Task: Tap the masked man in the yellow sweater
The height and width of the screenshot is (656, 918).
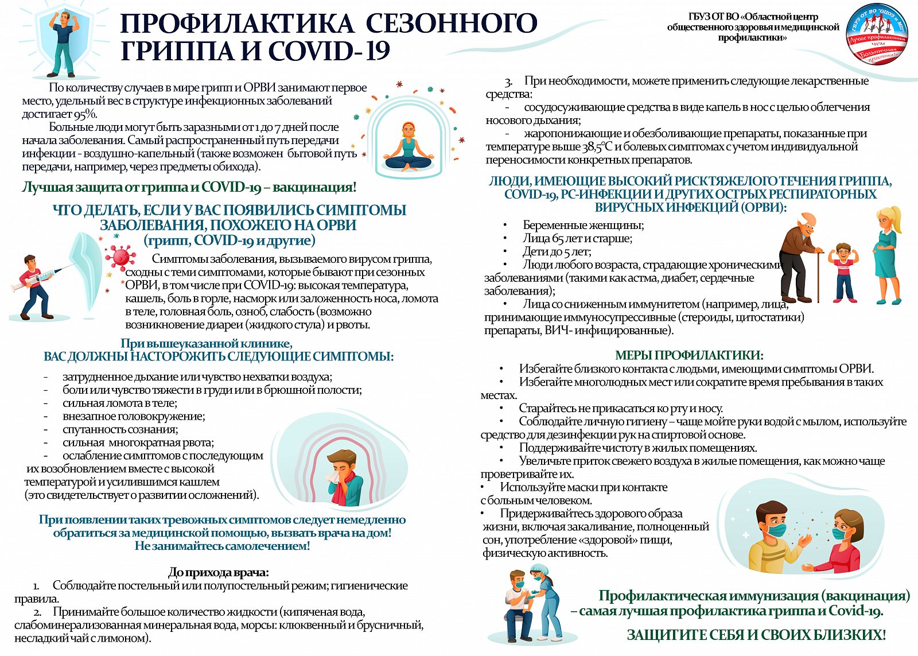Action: click(x=775, y=537)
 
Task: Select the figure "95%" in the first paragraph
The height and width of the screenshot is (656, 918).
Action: click(x=85, y=114)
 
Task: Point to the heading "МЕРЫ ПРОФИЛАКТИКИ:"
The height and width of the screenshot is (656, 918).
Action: click(x=689, y=355)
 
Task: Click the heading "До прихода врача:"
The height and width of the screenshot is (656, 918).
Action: click(x=219, y=572)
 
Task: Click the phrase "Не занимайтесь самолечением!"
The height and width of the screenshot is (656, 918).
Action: click(x=222, y=546)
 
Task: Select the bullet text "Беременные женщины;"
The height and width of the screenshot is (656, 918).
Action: click(x=583, y=226)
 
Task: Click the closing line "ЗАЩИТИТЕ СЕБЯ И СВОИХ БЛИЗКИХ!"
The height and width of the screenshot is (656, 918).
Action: click(x=756, y=635)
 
